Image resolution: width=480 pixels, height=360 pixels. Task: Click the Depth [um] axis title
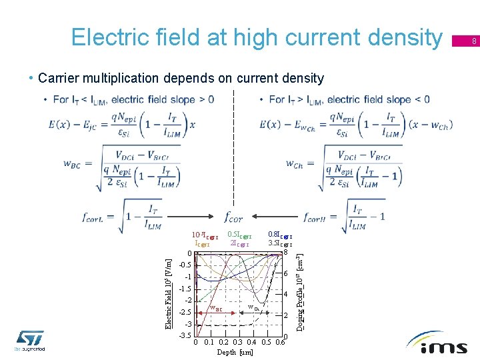pos(235,352)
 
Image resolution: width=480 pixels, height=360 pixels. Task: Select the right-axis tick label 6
pos(285,275)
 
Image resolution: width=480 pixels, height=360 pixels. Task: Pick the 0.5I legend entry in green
pos(239,235)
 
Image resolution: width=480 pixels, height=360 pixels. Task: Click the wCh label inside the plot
pos(253,307)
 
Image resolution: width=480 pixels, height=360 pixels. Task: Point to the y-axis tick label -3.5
pos(185,335)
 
